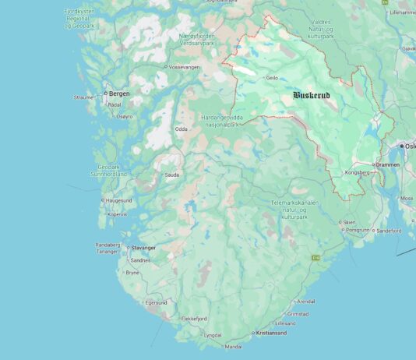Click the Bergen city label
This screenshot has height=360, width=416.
[x=118, y=94]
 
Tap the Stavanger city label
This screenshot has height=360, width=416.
[x=143, y=248]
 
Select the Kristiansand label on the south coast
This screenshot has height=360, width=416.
[x=270, y=333]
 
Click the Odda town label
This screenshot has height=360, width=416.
[x=181, y=129]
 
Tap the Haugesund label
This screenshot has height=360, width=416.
[x=117, y=200]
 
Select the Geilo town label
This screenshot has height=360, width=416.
[x=272, y=78]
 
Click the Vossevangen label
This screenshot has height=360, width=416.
[x=185, y=68]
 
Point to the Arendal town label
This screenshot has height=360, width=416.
[x=306, y=302]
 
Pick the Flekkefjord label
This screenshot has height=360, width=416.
[x=194, y=319]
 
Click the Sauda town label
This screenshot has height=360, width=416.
[x=171, y=175]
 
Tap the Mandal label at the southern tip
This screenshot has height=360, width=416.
[x=233, y=347]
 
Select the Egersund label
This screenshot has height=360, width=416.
[x=157, y=302]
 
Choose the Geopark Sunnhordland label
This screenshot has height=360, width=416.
[x=108, y=171]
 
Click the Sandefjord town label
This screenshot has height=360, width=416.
[x=387, y=231]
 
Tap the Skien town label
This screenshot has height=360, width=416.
[x=349, y=222]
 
